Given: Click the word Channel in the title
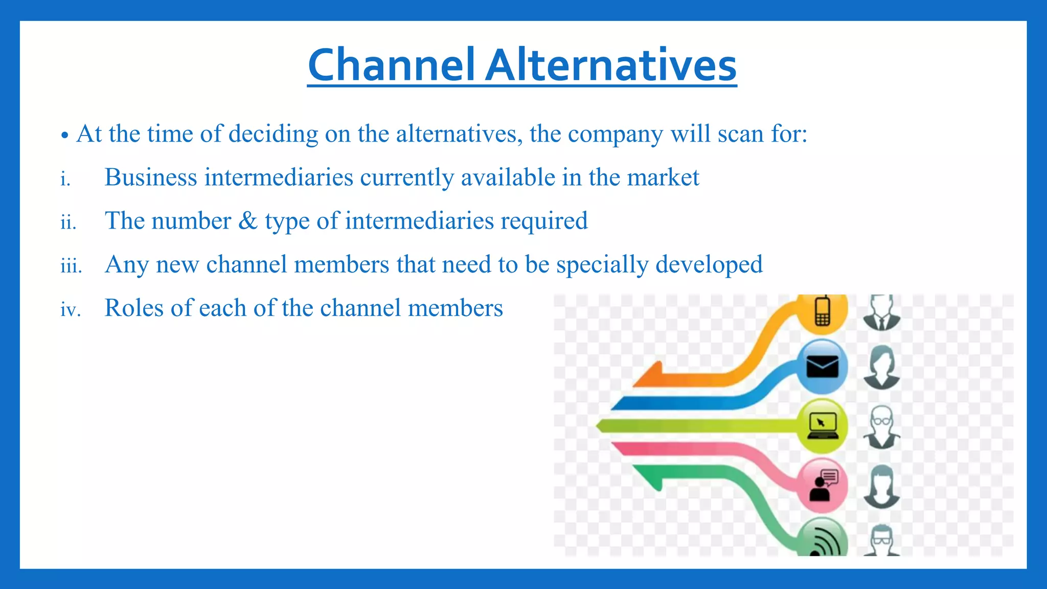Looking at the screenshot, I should pyautogui.click(x=391, y=65).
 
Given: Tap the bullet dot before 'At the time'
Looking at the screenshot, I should pyautogui.click(x=64, y=136).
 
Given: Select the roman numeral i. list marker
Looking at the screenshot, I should pyautogui.click(x=65, y=179).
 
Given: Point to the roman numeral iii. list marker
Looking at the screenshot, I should pyautogui.click(x=71, y=266).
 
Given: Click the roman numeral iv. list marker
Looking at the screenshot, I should pyautogui.click(x=71, y=309).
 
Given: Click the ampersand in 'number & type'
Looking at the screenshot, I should pyautogui.click(x=248, y=221).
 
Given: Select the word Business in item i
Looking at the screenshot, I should pyautogui.click(x=151, y=177).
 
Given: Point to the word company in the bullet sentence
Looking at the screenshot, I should pyautogui.click(x=615, y=134).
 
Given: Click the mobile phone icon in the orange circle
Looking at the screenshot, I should pyautogui.click(x=822, y=311).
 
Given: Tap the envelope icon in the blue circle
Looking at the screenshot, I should pyautogui.click(x=822, y=367).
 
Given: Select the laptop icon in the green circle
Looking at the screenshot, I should pyautogui.click(x=822, y=426).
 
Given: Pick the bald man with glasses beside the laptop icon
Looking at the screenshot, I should pyautogui.click(x=881, y=426).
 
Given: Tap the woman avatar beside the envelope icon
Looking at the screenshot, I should pyautogui.click(x=881, y=367).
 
